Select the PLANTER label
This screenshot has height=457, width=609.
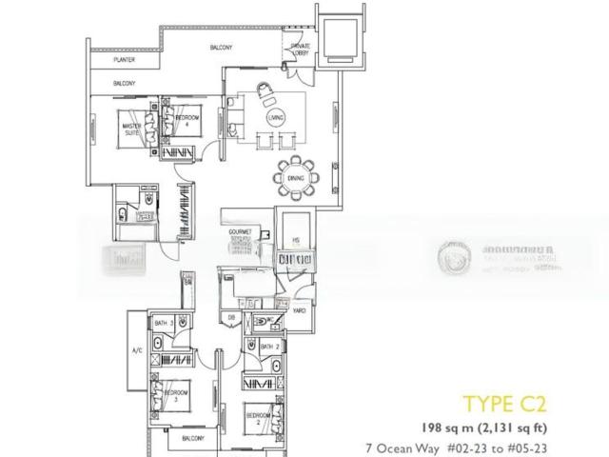[x=122, y=60]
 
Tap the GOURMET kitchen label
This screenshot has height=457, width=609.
[x=239, y=231]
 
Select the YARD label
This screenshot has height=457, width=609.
[x=299, y=311]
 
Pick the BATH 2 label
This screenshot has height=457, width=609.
[x=269, y=347]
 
